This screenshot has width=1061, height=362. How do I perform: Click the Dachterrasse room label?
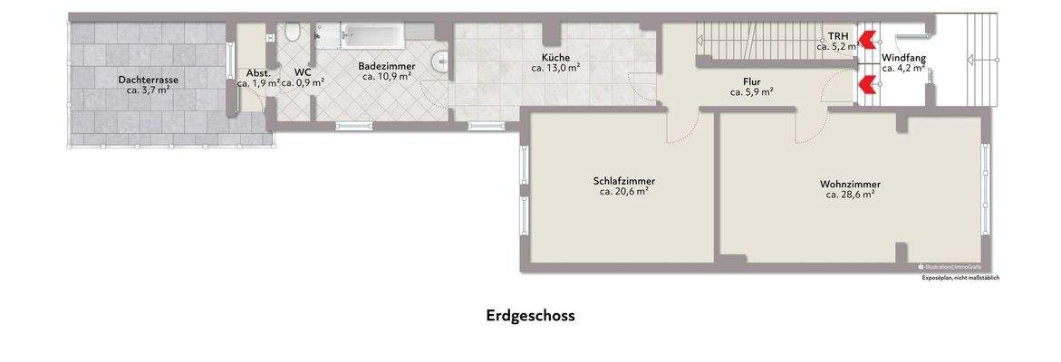coord(148,80)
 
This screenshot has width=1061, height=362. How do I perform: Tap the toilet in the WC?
coord(292,33)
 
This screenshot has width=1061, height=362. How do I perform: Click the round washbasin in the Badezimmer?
coord(441,62)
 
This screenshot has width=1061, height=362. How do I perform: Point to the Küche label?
coord(555,57)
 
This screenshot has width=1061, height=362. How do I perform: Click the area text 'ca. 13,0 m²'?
coord(555,68)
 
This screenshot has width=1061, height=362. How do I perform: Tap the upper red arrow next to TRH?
coord(867,39)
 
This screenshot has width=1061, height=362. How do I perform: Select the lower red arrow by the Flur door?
coord(867,84)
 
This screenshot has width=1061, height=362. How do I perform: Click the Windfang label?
coord(903,57)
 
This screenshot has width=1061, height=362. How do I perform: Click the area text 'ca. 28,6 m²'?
coord(850,195)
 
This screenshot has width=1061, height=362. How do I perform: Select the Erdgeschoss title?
coord(530,316)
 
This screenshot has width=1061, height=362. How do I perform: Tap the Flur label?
coord(752,81)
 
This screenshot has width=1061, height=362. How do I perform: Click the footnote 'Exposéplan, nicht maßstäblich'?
coord(960,278)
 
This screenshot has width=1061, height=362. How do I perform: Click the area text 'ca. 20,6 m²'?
coord(624,192)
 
